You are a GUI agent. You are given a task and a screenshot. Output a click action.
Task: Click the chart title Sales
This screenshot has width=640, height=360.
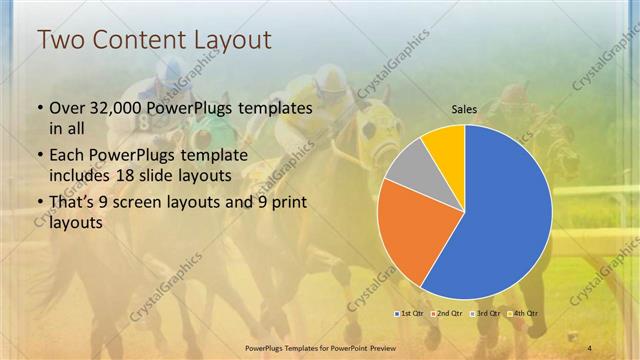coord(464,109)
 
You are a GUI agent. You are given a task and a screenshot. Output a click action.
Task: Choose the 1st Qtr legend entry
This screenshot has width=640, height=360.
coord(409,314)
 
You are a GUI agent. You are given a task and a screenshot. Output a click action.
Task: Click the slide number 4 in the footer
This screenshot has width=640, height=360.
coord(590,347)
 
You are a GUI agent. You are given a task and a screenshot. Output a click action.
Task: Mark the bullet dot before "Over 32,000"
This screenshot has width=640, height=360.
coord(39,108)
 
